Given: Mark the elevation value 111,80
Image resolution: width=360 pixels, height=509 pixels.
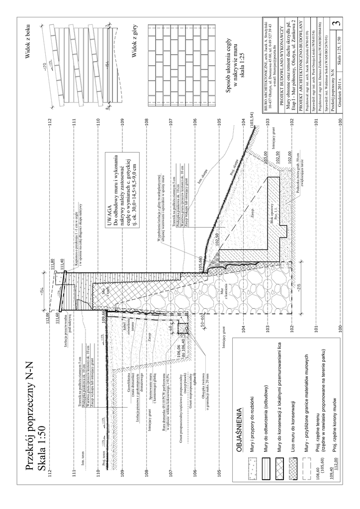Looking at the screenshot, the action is point(52,265).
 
